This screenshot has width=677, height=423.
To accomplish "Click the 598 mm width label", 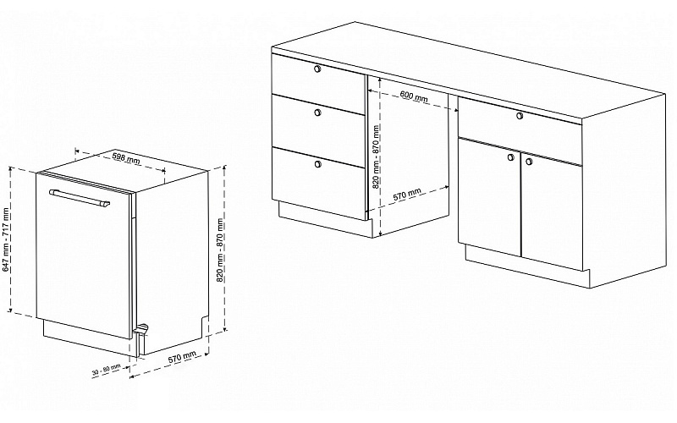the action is pyautogui.click(x=126, y=157).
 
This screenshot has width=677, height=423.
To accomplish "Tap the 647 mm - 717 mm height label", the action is pyautogui.click(x=6, y=239).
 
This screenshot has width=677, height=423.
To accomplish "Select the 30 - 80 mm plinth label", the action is pyautogui.click(x=107, y=370).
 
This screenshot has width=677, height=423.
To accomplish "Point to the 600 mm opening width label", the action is pyautogui.click(x=414, y=96).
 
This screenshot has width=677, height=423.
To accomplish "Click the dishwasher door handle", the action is pyautogui.click(x=80, y=198).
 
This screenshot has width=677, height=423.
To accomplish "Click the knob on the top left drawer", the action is pyautogui.click(x=318, y=69).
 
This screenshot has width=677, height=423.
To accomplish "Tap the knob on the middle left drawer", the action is pyautogui.click(x=318, y=113).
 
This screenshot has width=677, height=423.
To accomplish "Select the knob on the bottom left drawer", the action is pyautogui.click(x=318, y=163).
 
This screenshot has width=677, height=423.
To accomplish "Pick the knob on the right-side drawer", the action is pyautogui.click(x=520, y=116).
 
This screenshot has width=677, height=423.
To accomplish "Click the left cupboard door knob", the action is pyautogui.click(x=511, y=157).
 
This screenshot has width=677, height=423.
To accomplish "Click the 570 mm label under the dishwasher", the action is pyautogui.click(x=182, y=357).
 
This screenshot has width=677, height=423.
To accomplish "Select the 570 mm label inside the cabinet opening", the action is pyautogui.click(x=407, y=195).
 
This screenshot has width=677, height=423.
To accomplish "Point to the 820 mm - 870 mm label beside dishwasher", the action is pyautogui.click(x=220, y=250).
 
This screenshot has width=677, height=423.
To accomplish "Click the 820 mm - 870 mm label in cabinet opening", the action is pyautogui.click(x=376, y=157).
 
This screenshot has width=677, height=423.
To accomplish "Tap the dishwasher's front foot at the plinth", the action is pyautogui.click(x=141, y=330).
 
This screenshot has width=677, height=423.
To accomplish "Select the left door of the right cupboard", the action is pyautogui.click(x=490, y=196).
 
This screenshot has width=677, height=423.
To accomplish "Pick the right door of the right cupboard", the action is pyautogui.click(x=552, y=211).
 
